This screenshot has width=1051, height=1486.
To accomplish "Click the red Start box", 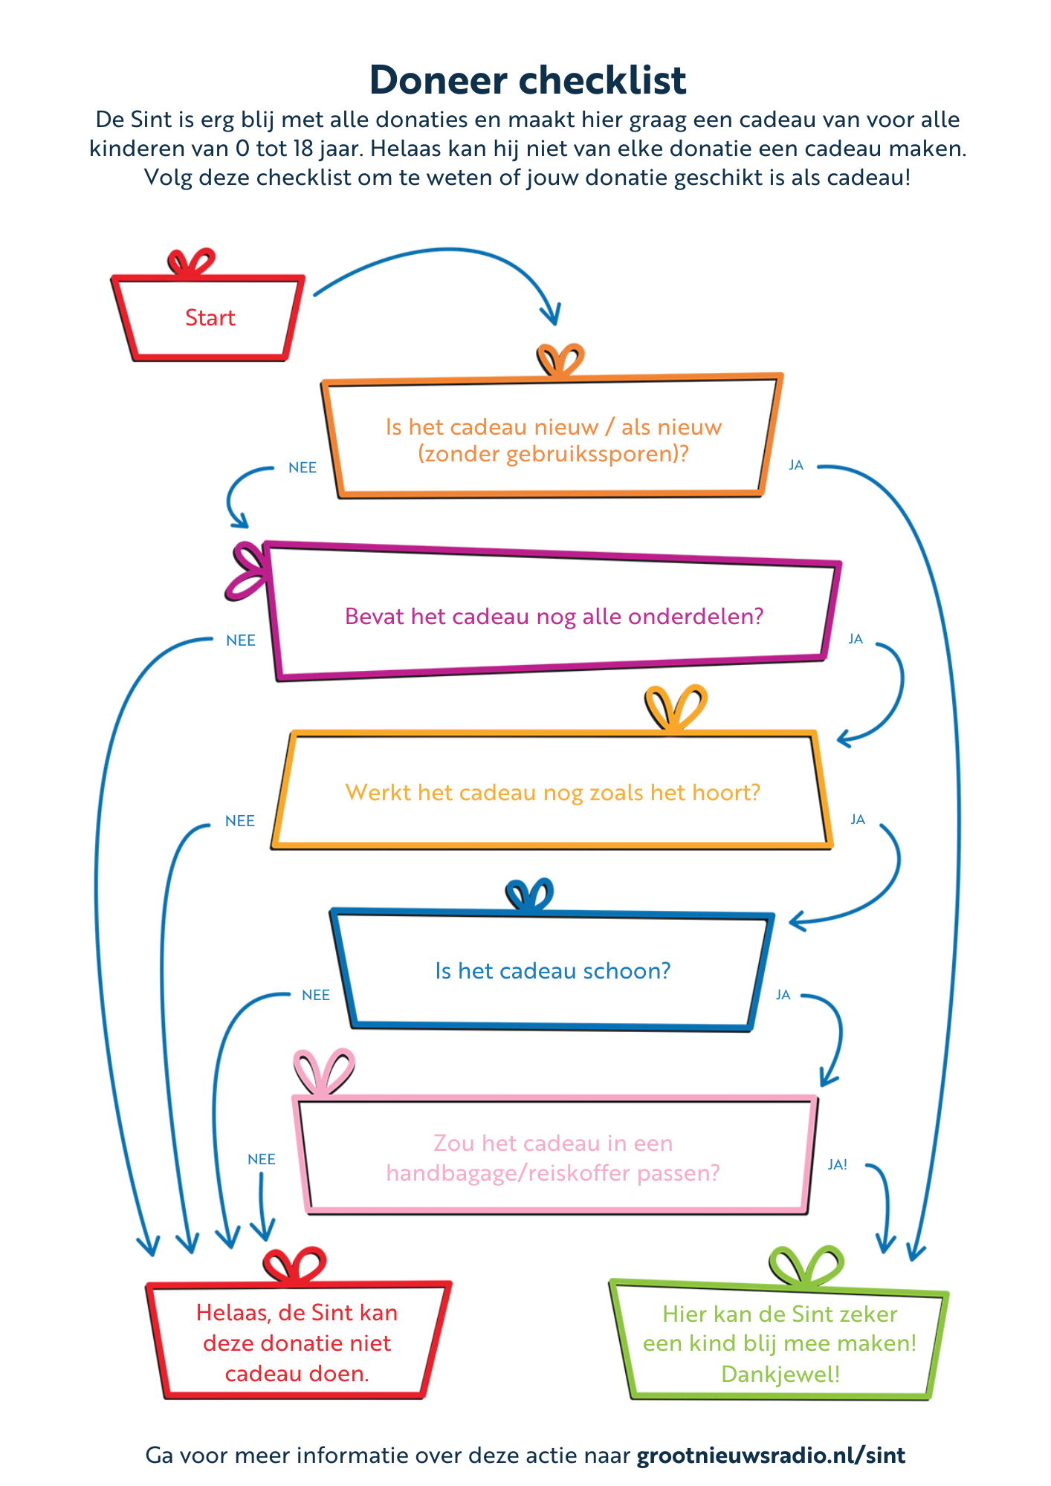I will [x=210, y=318].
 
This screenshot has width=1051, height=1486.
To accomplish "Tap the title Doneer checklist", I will [x=527, y=80].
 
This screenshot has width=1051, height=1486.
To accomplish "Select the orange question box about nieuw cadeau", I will [x=553, y=439].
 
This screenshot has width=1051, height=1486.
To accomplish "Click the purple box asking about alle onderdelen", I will [x=554, y=616].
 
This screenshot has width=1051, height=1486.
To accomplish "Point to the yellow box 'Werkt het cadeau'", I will [x=552, y=792].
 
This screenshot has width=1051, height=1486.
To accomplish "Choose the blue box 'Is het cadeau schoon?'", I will [x=552, y=970].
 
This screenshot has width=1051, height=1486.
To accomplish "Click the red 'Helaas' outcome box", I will [x=297, y=1343].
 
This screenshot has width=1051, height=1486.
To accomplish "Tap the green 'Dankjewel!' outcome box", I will [x=780, y=1343].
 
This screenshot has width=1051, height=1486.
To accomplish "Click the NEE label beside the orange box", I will [x=303, y=467].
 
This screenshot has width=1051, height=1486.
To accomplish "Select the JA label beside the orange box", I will [x=796, y=465].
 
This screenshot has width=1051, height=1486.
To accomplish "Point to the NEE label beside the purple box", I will [x=241, y=640].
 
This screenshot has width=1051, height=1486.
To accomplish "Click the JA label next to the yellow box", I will [x=858, y=820].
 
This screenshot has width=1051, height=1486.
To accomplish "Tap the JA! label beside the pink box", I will [x=838, y=1164].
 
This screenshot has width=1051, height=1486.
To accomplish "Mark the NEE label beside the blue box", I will [x=316, y=995].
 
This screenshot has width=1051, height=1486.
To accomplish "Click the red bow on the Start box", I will [x=192, y=262].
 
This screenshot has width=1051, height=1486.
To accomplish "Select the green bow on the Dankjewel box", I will [x=806, y=1265].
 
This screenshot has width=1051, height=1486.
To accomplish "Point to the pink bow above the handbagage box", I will [x=323, y=1070].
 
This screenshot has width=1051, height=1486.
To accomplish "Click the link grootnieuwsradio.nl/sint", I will [x=771, y=1455].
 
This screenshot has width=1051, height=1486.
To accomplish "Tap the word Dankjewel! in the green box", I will [x=780, y=1374].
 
